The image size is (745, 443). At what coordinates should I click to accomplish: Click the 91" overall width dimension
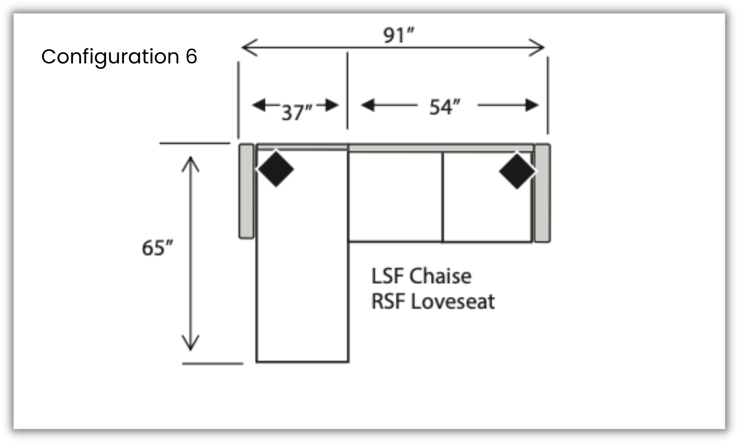point(399,35)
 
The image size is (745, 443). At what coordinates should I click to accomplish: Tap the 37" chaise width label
point(297,112)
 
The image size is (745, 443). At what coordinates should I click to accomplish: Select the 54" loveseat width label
point(444,107)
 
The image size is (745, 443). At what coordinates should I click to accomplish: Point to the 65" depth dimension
point(157,248)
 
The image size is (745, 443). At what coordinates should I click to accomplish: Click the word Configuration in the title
point(110,57)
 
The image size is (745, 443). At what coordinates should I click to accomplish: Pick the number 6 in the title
point(191,56)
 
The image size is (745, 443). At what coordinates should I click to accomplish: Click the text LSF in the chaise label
point(387,276)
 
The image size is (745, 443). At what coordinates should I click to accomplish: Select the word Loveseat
point(453,302)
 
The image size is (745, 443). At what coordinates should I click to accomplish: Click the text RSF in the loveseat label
point(388,302)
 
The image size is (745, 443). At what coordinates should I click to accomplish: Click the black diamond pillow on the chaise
point(275,169)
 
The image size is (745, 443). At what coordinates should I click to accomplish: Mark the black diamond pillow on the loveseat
point(517,171)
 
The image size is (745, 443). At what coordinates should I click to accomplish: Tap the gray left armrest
point(246,191)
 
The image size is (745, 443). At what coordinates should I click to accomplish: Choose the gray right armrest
point(542,193)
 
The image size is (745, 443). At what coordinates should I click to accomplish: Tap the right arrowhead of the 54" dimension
point(532,105)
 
